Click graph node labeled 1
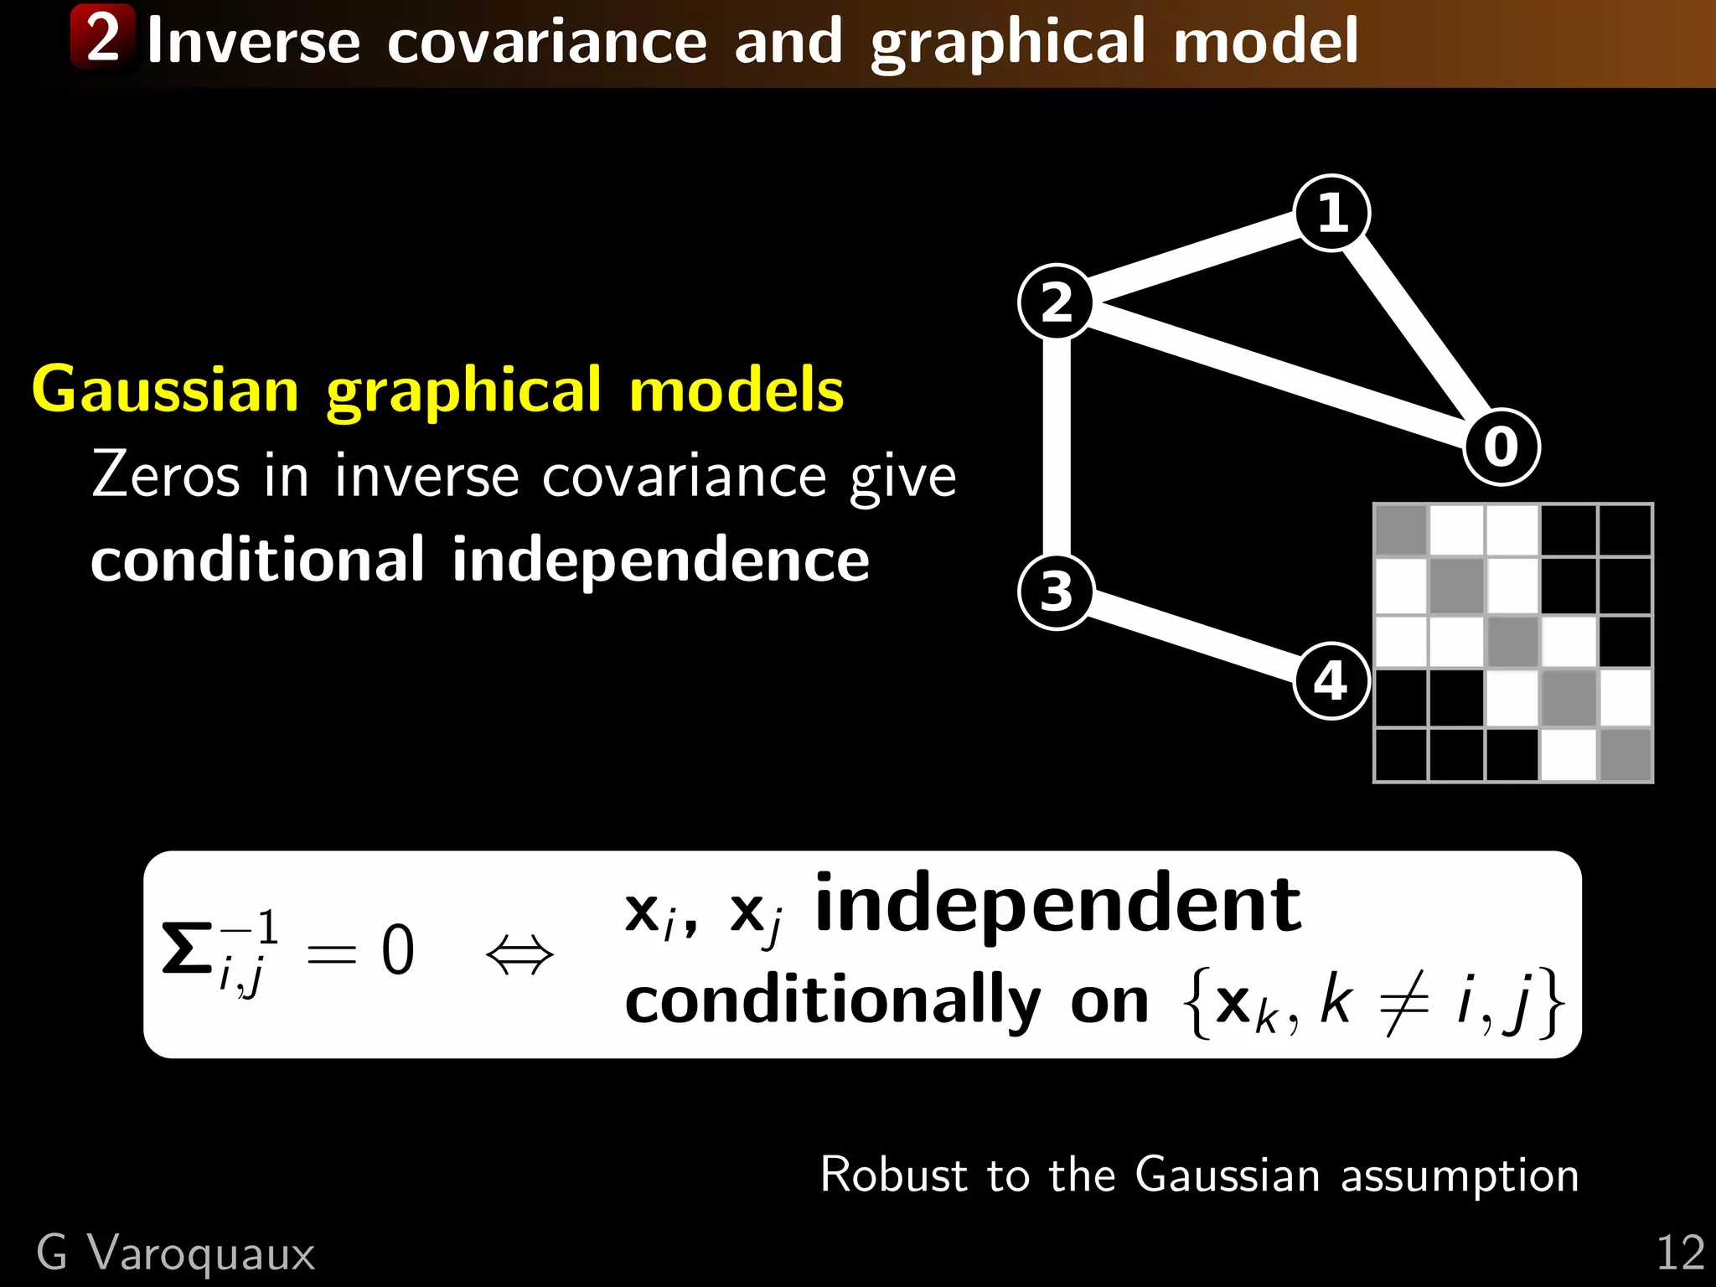click(1331, 213)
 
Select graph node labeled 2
click(1057, 302)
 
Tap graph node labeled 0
click(1501, 447)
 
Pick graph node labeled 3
click(1057, 592)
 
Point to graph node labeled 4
click(1331, 680)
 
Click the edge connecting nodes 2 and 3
click(1057, 447)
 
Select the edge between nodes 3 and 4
click(1194, 636)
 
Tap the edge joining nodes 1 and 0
click(1416, 329)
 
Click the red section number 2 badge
click(102, 37)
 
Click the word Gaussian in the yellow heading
click(165, 390)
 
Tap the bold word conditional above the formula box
click(257, 561)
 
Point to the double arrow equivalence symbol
click(519, 954)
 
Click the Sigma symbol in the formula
click(187, 950)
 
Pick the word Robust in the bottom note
click(893, 1175)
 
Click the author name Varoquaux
click(201, 1254)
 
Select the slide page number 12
click(1680, 1253)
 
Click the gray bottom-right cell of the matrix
click(1626, 755)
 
